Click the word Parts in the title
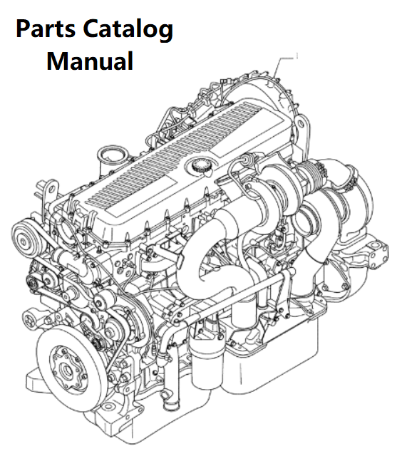click(x=46, y=28)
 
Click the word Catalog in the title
click(x=128, y=31)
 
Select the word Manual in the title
click(x=90, y=61)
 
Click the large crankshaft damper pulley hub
click(x=67, y=366)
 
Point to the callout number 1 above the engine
click(x=297, y=56)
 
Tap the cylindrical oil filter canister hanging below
click(x=207, y=361)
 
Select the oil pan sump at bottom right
click(x=273, y=360)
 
